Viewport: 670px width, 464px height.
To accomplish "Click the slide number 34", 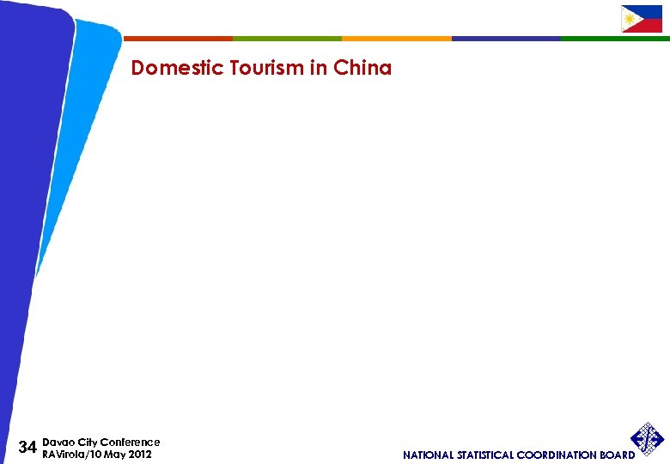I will click(x=27, y=448).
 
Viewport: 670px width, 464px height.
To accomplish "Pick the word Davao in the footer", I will click(x=57, y=442).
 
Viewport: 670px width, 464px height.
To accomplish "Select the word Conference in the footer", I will click(x=130, y=442).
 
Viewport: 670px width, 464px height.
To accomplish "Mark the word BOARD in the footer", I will click(x=617, y=455).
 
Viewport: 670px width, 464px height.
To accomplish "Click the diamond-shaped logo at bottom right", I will click(x=648, y=438).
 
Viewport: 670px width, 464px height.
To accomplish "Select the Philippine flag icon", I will click(x=642, y=19).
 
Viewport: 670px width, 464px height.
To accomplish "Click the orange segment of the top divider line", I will click(x=396, y=39).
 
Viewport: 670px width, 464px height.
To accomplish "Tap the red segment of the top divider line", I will click(x=178, y=39).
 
